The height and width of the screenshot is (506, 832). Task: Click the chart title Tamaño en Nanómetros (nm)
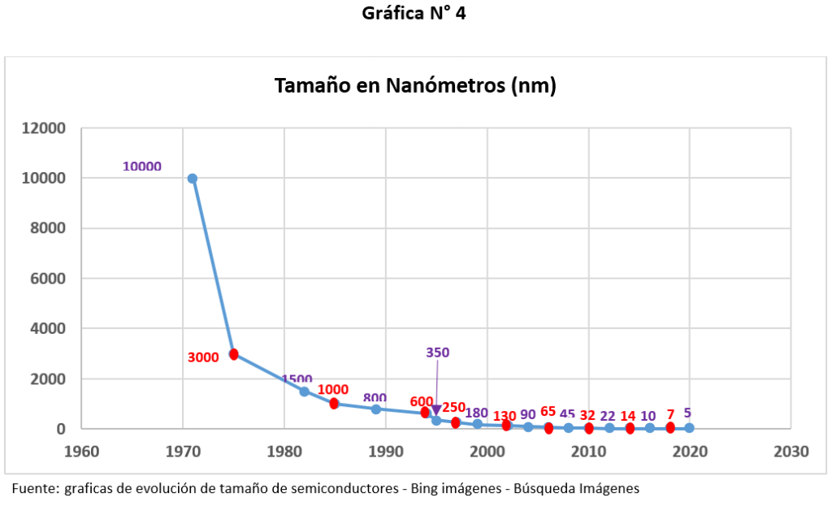pos(415,86)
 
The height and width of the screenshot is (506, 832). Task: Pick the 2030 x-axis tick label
pos(791,451)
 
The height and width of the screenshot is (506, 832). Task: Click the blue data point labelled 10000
pos(193,179)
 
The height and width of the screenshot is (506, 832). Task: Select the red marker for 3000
pos(233,354)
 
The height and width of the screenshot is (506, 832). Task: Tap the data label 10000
pos(142,167)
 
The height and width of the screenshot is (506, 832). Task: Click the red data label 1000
pos(333,390)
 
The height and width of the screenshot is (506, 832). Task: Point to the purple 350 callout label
pos(437,352)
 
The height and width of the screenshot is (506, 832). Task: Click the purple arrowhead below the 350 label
pos(436,410)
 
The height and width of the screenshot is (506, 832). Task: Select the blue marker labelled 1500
pos(304,391)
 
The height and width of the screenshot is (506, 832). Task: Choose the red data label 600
pos(422,401)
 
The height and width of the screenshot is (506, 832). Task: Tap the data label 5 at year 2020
pos(687,413)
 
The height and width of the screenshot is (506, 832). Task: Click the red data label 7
pos(670,414)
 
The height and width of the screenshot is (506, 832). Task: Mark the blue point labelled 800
pos(375,409)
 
